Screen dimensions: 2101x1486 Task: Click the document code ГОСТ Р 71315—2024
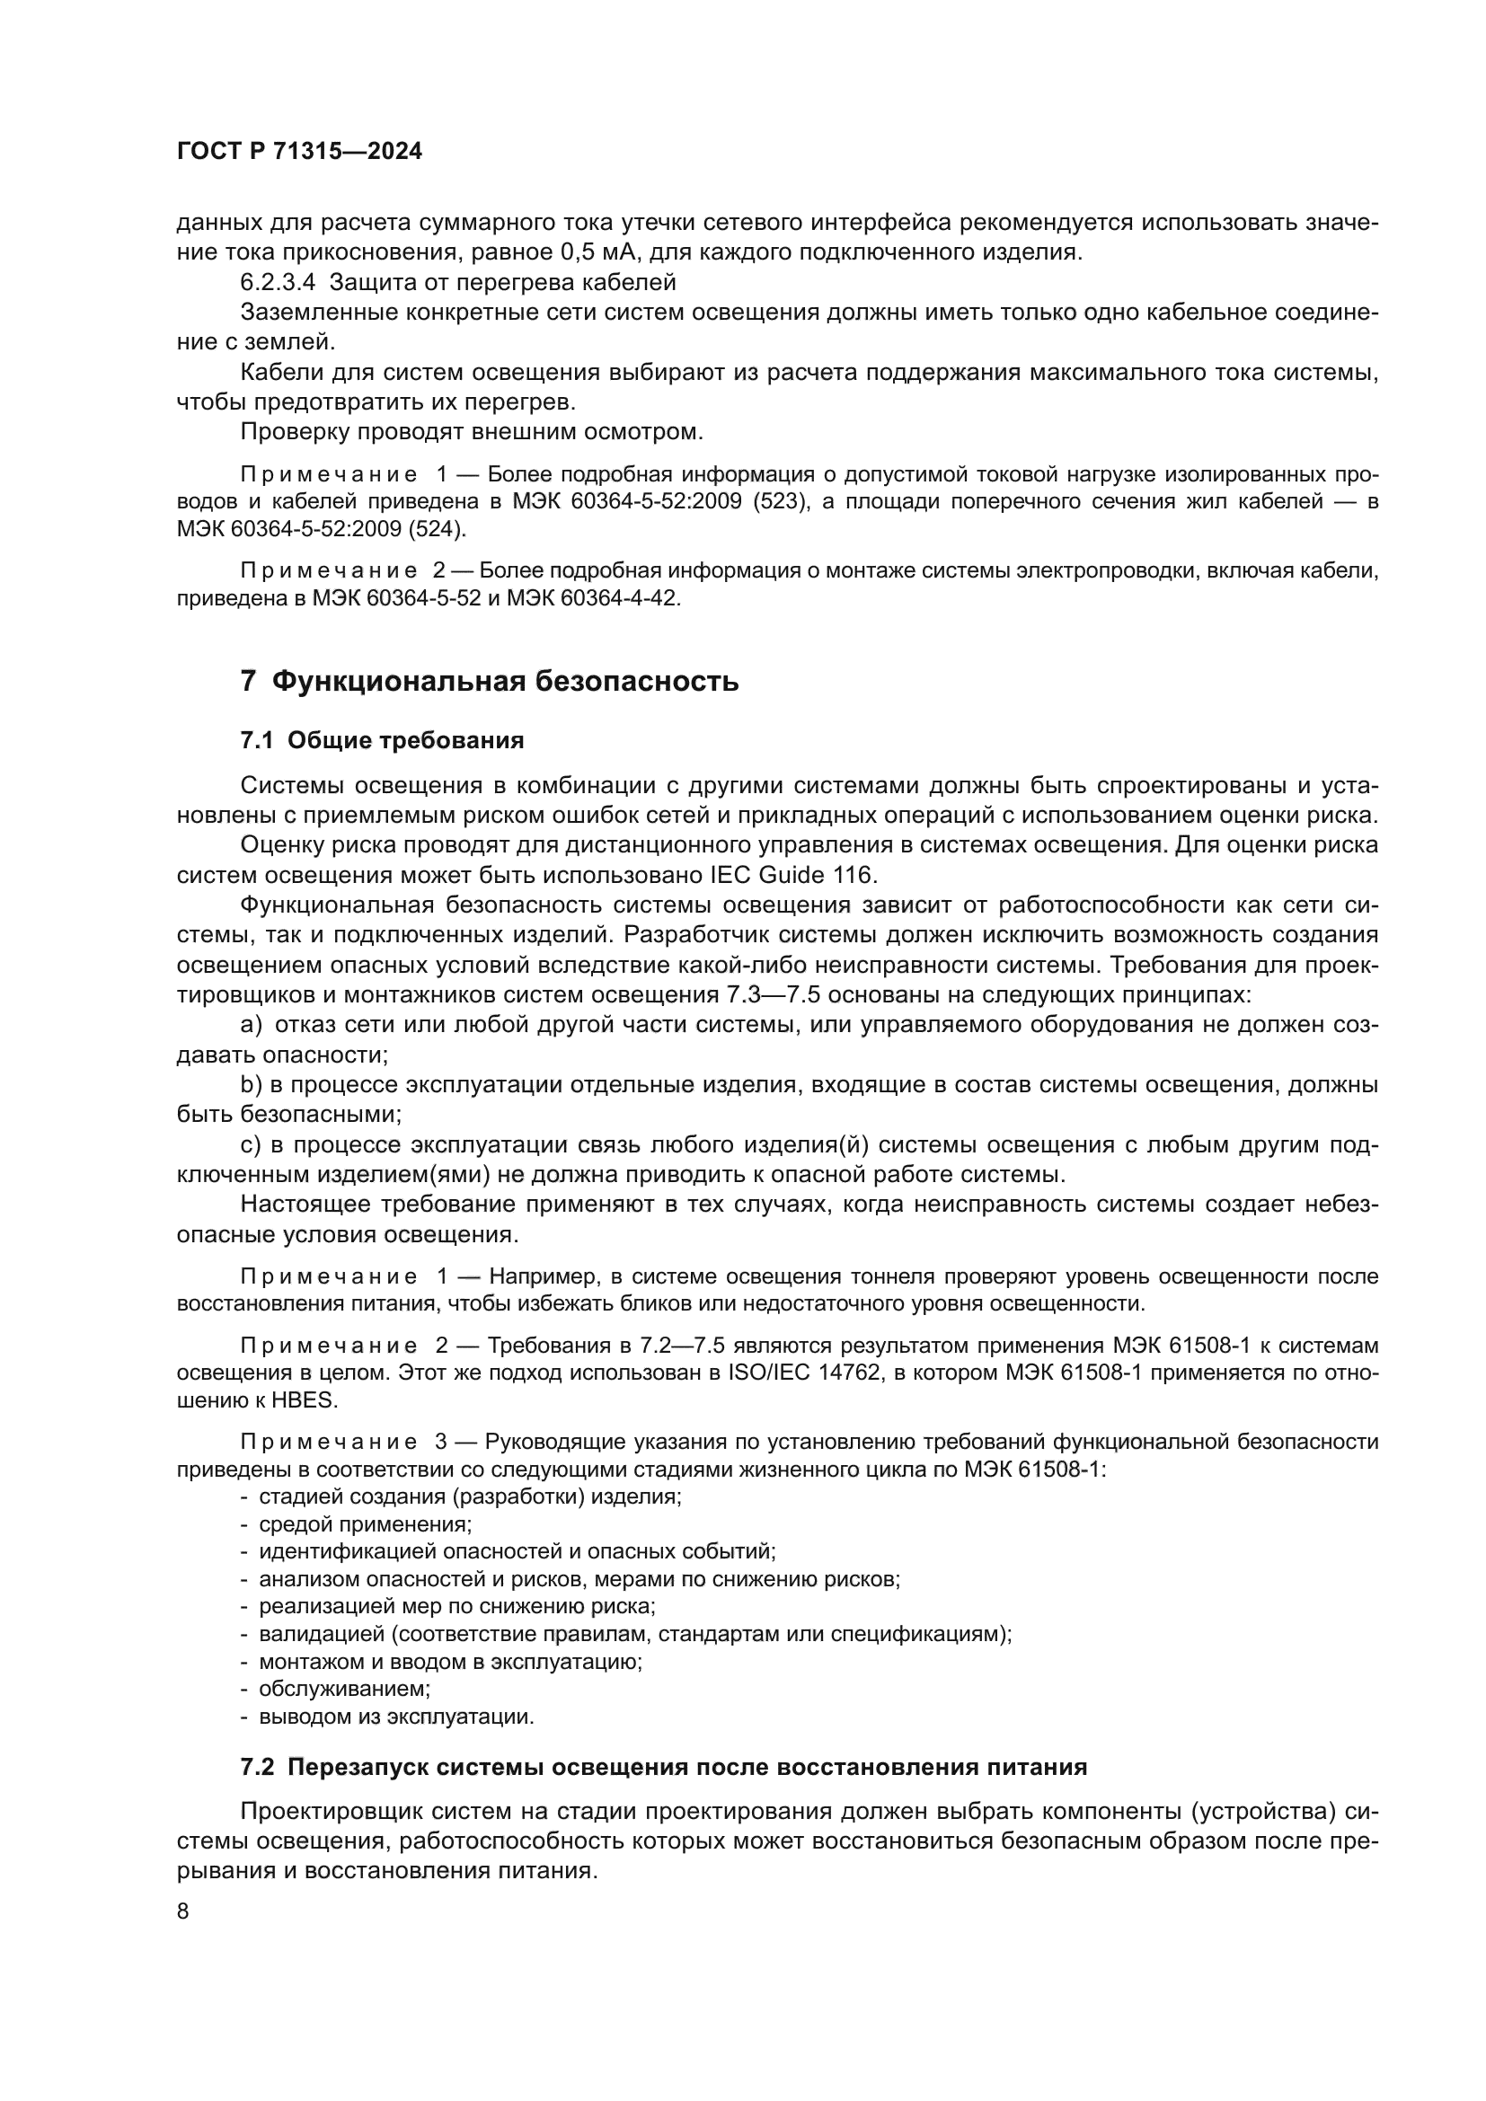click(x=299, y=152)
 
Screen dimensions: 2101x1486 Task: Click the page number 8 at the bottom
click(x=183, y=1911)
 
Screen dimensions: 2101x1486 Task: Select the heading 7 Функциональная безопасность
click(x=489, y=681)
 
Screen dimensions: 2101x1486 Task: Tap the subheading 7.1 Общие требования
click(x=382, y=740)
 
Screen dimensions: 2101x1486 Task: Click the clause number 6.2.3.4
click(x=277, y=283)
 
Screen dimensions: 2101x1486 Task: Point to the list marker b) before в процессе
click(x=251, y=1085)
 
